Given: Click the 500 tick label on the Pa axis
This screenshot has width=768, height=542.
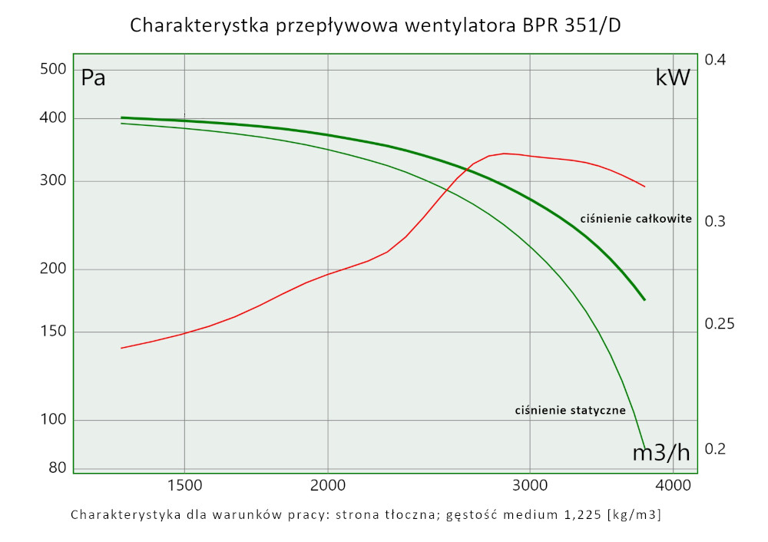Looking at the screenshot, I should [x=53, y=69].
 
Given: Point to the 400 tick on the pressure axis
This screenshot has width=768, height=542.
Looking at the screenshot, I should [x=53, y=117].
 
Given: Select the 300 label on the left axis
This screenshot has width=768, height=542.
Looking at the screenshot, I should [x=53, y=181].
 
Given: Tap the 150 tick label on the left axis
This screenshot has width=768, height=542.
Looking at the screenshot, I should [x=53, y=332].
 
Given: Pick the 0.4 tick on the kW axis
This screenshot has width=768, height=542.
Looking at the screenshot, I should [x=715, y=60].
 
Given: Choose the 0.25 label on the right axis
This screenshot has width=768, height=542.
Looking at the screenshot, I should [x=720, y=324].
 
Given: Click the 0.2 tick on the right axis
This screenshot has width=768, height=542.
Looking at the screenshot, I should [x=715, y=448].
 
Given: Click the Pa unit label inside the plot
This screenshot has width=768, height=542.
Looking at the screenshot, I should [x=93, y=78].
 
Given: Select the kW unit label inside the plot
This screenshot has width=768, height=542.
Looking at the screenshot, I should [x=673, y=78].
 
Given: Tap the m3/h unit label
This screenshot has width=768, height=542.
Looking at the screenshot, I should [x=660, y=453].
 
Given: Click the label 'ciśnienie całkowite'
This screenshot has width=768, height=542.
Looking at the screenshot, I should [x=636, y=219].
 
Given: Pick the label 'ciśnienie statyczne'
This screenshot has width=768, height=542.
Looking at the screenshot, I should [x=570, y=411].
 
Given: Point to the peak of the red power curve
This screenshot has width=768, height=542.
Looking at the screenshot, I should [x=505, y=153].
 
